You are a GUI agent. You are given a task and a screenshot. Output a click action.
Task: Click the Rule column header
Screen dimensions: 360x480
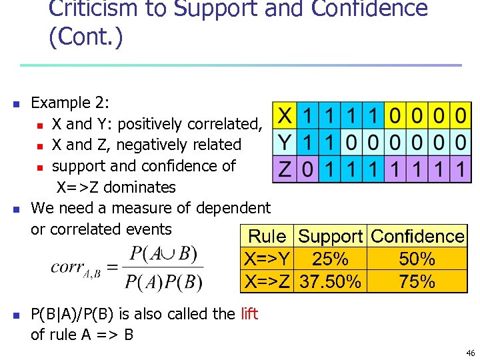coord(267,236)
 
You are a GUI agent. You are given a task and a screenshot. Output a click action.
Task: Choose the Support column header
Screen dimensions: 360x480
coord(331,236)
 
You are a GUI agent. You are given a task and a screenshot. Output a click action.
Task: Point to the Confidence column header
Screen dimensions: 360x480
coord(417,236)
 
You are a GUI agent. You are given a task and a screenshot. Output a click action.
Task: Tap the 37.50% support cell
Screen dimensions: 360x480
coord(331,281)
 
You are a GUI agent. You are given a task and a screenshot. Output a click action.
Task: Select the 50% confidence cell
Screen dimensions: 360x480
coord(417,259)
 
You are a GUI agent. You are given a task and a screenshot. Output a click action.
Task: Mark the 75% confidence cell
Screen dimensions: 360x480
coord(417,281)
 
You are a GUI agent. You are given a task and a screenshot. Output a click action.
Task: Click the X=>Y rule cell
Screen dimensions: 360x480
coord(267,259)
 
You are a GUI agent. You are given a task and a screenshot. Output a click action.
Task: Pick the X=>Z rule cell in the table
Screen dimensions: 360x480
coord(267,281)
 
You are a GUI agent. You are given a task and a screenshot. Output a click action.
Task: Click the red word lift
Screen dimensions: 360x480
coord(249,313)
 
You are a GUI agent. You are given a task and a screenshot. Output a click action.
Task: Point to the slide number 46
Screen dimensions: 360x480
coord(470,353)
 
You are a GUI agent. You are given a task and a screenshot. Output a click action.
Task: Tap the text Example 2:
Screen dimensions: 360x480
coord(70,103)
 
